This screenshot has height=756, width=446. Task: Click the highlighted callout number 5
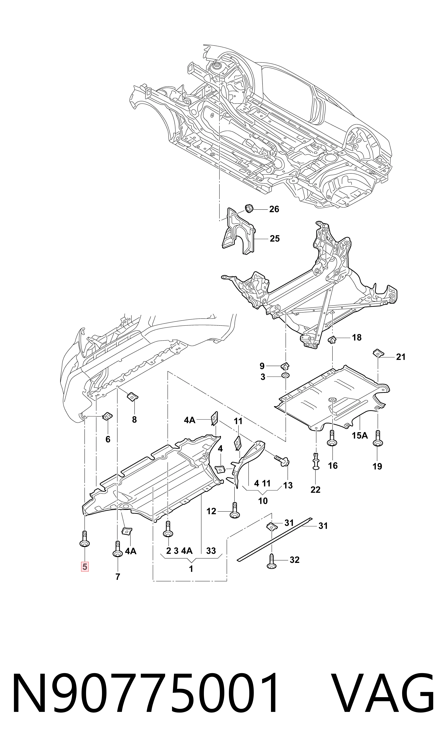pos(84,567)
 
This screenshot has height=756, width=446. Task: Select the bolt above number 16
pos(332,438)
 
